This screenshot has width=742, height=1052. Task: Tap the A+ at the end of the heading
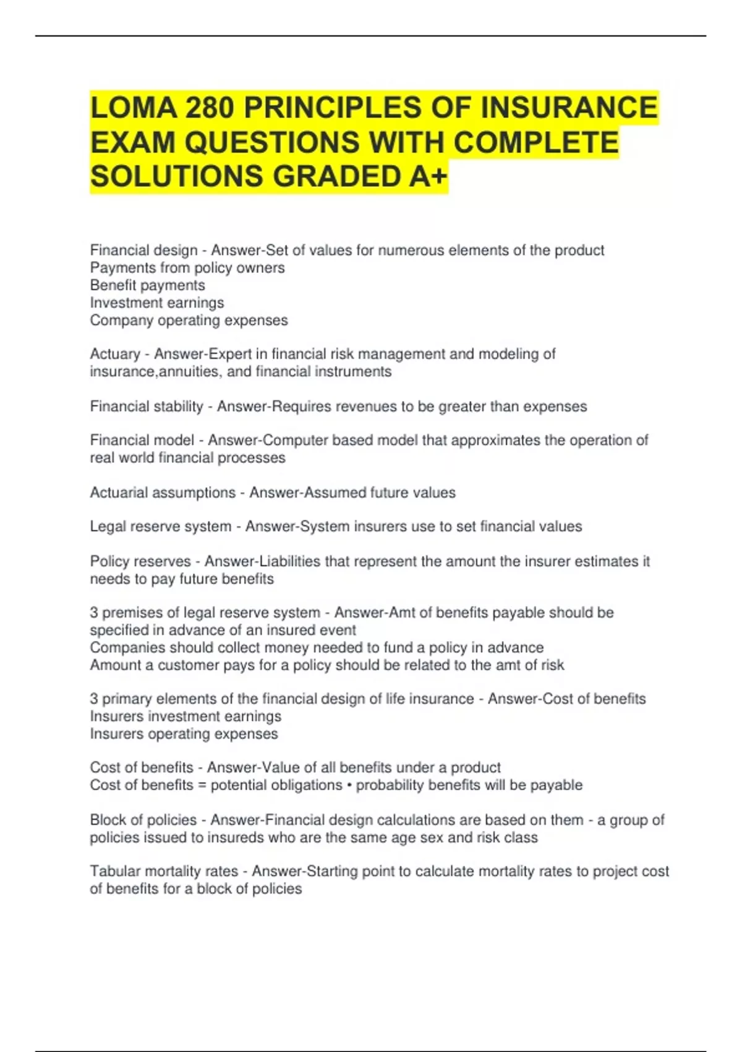tap(427, 176)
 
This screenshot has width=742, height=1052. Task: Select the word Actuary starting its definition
tap(115, 354)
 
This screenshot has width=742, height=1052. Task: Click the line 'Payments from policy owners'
tap(187, 268)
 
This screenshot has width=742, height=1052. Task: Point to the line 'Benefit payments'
tap(147, 285)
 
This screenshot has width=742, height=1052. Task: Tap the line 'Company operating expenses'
tap(189, 321)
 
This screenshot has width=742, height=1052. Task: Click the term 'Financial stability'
tap(147, 407)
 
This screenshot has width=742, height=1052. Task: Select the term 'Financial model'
tap(142, 440)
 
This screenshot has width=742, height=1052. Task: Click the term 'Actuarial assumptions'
tap(163, 493)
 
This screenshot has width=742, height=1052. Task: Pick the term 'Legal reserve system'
tap(160, 527)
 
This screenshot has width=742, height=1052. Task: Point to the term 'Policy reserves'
tap(140, 561)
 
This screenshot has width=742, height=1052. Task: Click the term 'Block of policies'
tap(143, 820)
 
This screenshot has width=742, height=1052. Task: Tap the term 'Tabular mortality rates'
tap(164, 871)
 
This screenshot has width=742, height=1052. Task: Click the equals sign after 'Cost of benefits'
tap(202, 786)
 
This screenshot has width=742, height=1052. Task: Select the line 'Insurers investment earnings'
tap(185, 717)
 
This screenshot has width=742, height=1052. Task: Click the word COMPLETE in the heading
tap(536, 142)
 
